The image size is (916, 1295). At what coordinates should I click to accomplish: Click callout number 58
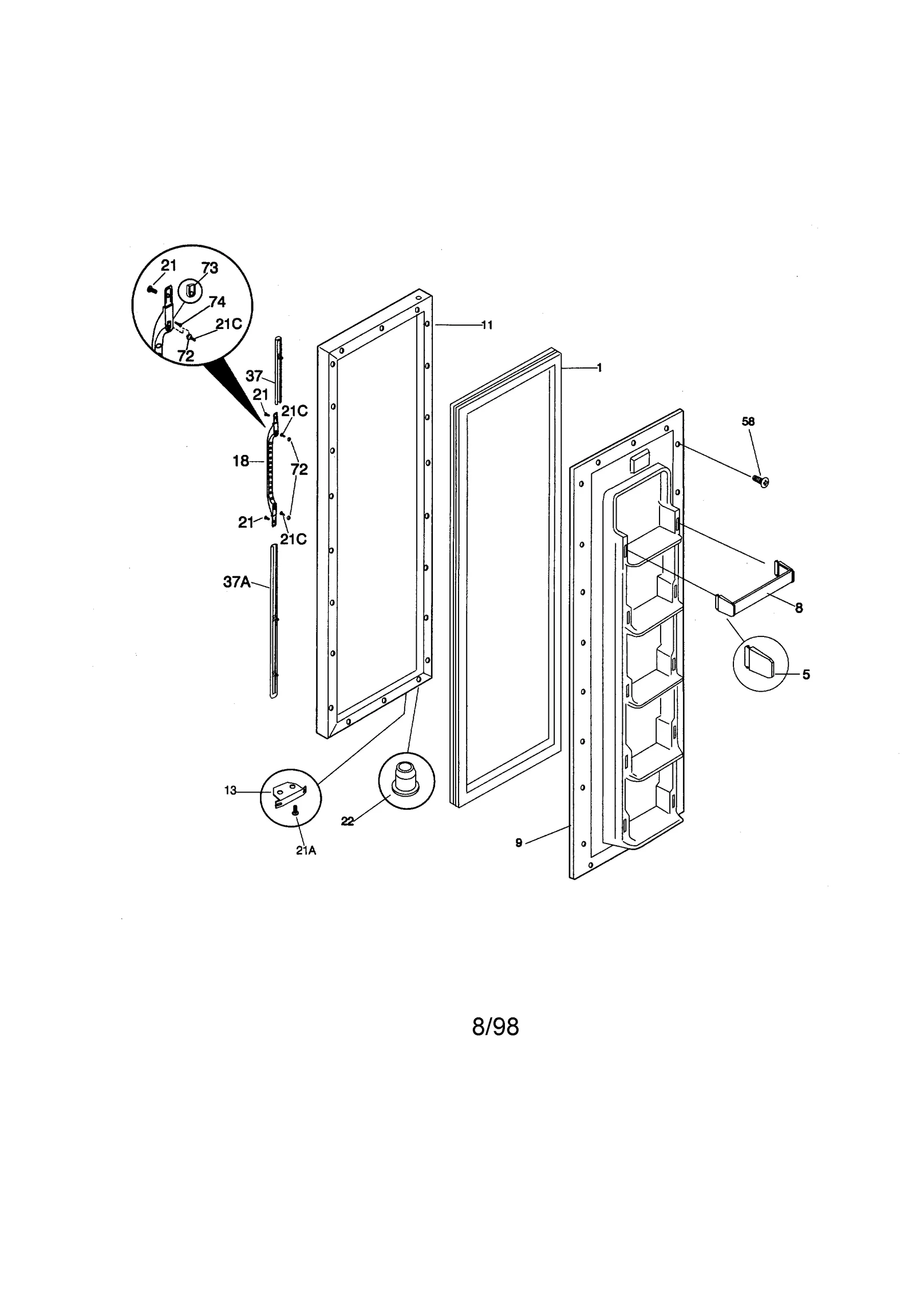tap(748, 422)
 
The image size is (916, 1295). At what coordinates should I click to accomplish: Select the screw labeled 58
tap(760, 481)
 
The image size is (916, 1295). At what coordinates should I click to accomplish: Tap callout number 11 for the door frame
tap(487, 325)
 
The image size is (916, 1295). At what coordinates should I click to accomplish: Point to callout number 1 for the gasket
tap(599, 368)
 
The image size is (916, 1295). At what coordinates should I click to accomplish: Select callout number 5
tap(806, 675)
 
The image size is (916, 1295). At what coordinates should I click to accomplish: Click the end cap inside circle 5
tap(759, 662)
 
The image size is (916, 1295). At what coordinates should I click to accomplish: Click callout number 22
tap(347, 821)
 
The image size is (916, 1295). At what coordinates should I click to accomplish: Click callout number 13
tap(230, 791)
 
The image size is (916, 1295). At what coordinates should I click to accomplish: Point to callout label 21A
tap(306, 866)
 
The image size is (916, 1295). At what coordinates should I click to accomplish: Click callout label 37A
tap(237, 582)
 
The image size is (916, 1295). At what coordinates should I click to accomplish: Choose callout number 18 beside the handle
tap(241, 461)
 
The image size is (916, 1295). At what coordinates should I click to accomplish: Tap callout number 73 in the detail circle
tap(210, 268)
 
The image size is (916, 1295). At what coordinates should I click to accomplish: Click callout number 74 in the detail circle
tap(217, 302)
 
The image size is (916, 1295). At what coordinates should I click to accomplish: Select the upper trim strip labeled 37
tap(278, 369)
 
